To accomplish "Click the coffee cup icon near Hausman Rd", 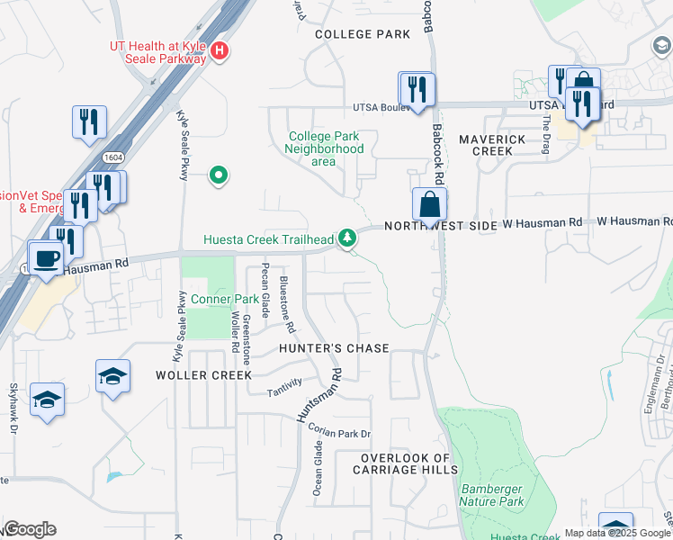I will [x=46, y=258].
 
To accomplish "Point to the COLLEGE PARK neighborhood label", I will [x=363, y=34].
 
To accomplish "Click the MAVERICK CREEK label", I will [x=492, y=145].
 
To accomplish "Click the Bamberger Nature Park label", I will [x=492, y=494].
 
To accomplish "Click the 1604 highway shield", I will [x=112, y=157].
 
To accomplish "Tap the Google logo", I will [x=30, y=529].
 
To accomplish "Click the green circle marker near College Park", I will [x=217, y=175].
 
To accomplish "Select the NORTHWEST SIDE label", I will [x=441, y=227].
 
